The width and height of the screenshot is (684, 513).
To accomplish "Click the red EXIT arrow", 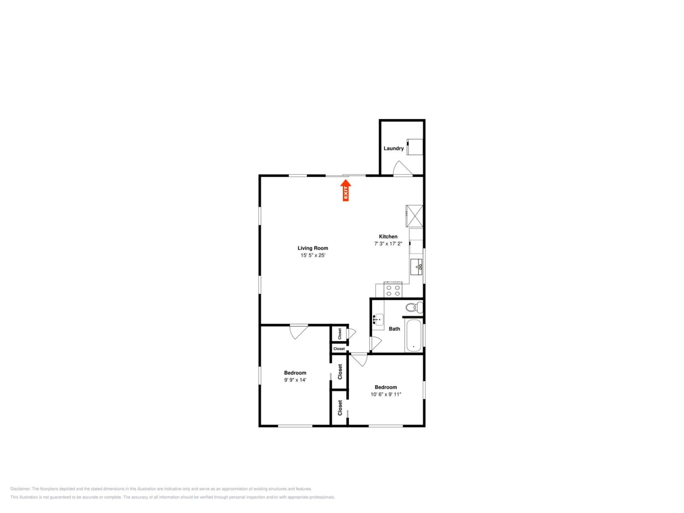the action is point(346,190).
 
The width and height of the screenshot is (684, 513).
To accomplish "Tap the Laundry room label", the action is point(394,148).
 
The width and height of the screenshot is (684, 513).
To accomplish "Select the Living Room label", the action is point(313,248).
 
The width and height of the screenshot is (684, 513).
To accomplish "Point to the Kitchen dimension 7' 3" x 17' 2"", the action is point(388,244).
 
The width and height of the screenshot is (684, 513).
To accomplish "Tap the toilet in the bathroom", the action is point(414,308).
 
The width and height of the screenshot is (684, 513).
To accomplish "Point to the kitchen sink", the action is point(416,267).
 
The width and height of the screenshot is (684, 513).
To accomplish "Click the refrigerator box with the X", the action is point(414,216).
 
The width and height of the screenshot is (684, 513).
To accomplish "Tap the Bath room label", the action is point(394,329).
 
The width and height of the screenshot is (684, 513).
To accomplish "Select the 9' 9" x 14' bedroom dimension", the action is point(295,380).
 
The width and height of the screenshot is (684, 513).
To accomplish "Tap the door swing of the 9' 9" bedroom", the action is point(298,332).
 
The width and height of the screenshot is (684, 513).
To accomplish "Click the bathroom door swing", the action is point(376,344).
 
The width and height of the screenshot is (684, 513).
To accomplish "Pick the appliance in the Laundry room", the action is point(415,147).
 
